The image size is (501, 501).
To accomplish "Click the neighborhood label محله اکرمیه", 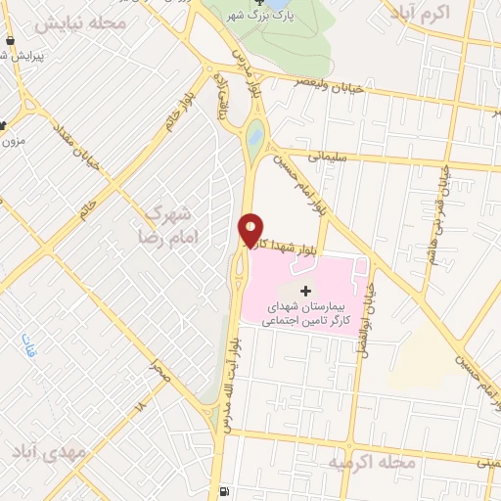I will coord(374,460).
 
